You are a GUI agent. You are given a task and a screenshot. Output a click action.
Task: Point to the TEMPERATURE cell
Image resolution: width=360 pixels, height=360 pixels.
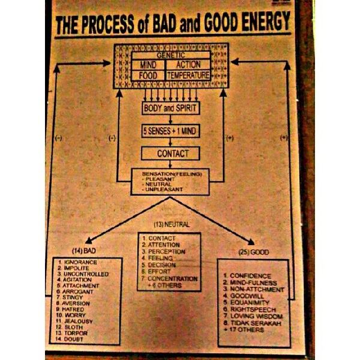[188, 76]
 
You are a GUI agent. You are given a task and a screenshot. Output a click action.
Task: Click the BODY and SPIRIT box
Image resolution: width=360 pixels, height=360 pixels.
[170, 109]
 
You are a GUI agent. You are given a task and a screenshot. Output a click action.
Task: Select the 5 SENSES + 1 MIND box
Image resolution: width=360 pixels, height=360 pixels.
[170, 131]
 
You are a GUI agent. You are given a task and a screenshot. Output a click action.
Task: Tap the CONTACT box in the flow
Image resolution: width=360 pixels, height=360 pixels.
[170, 154]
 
